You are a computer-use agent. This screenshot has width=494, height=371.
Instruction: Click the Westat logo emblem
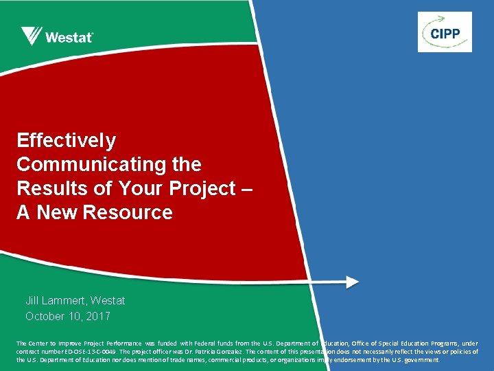click(x=32, y=36)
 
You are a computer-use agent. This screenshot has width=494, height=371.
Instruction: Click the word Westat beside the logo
click(x=69, y=37)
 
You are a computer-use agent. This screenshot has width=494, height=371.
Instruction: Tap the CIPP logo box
click(x=445, y=32)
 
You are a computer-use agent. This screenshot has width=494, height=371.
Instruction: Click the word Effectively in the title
click(x=67, y=141)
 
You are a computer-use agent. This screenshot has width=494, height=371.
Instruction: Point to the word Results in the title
click(x=47, y=189)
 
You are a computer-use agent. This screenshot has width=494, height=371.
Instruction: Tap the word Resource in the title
click(x=127, y=213)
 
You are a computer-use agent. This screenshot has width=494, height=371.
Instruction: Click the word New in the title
click(x=58, y=213)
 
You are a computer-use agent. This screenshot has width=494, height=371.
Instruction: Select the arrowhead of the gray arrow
click(x=352, y=282)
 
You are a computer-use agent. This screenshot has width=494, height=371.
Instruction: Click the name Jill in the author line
click(x=32, y=300)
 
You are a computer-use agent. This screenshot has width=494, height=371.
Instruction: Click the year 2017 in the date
click(x=97, y=317)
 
